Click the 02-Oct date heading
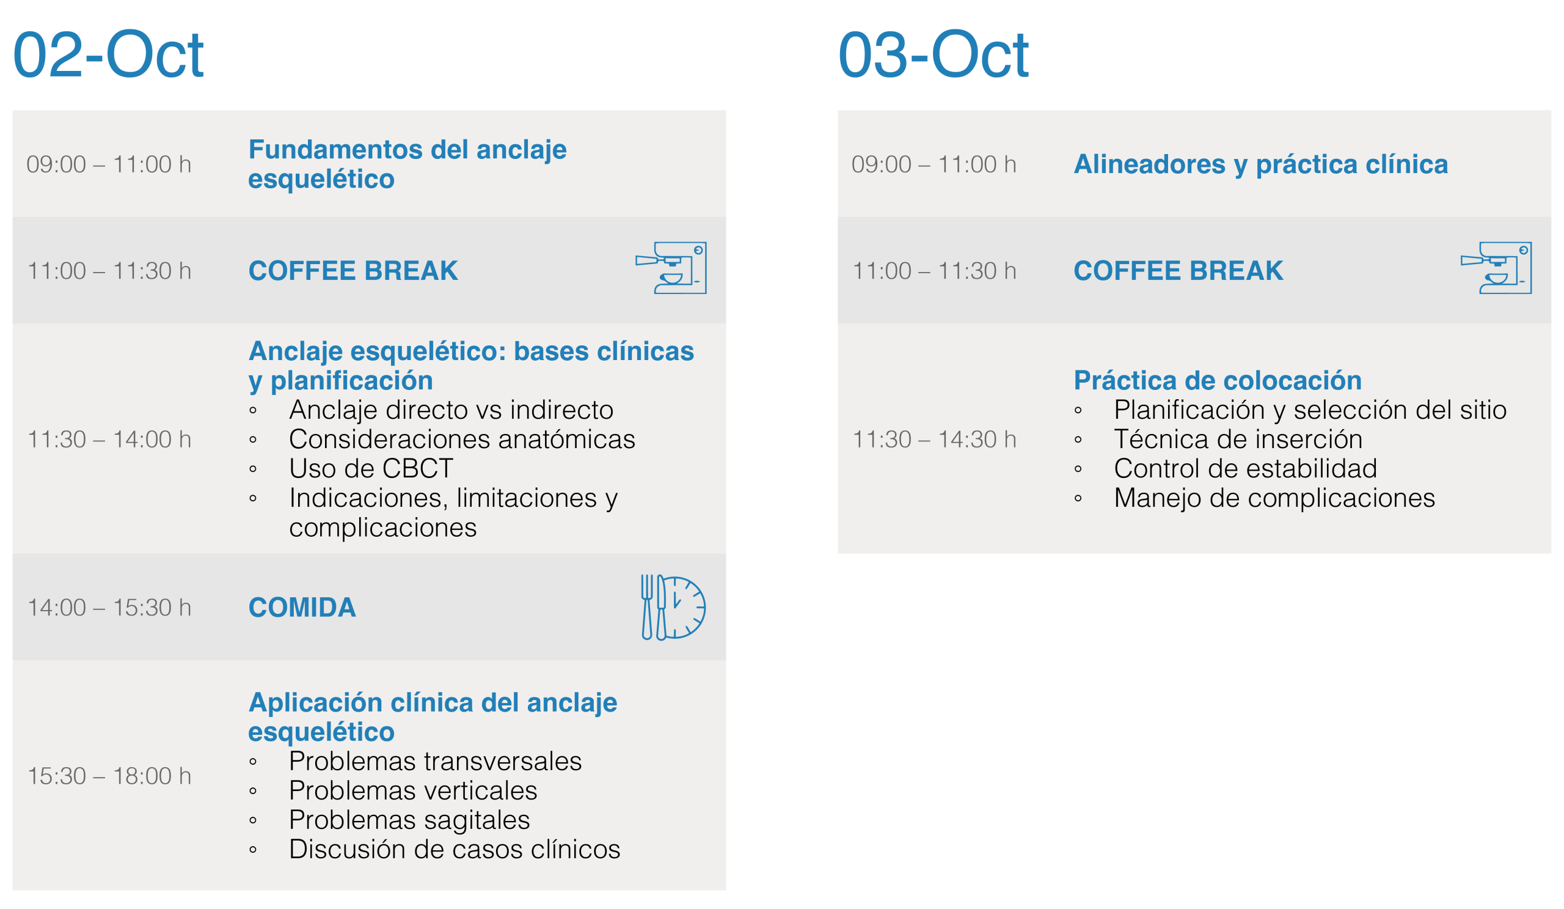point(108,54)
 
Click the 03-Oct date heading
point(934,54)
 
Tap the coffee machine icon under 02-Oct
point(671,268)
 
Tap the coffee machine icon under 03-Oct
point(1496,268)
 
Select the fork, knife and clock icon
point(673,607)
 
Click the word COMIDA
point(302,607)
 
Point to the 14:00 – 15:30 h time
point(109,608)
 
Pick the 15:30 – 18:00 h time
point(109,776)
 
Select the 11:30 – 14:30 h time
point(935,440)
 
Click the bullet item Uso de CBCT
point(371,469)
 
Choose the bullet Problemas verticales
point(414,791)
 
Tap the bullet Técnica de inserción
point(1238,440)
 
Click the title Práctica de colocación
point(1218,380)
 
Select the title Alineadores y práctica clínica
point(1261,164)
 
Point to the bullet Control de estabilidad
point(1246,469)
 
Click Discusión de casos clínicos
point(455,849)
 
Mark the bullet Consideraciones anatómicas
point(462,440)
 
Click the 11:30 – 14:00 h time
point(109,440)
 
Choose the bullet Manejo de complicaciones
point(1275,499)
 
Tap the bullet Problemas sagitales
point(409,820)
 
